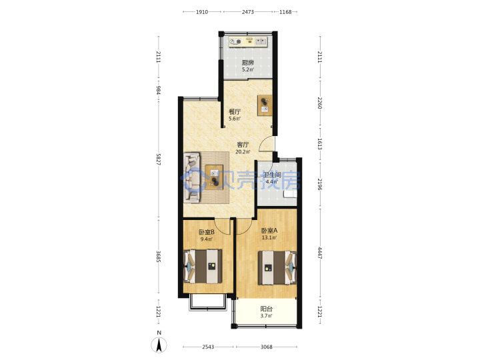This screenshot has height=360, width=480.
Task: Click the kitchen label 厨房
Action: (247, 63)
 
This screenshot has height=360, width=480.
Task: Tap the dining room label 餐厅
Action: (235, 112)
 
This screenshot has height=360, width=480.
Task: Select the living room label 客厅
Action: (243, 145)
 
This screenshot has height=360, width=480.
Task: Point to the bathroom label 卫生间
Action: (272, 175)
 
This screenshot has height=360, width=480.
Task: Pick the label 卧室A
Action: (269, 231)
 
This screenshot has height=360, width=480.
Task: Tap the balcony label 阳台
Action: (266, 309)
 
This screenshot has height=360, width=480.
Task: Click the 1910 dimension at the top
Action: (202, 12)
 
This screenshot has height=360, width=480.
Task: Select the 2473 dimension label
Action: (247, 12)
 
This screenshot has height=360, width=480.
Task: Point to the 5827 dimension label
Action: (158, 159)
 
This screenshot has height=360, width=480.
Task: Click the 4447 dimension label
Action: (320, 253)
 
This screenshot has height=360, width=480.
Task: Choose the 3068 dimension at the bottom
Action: (266, 347)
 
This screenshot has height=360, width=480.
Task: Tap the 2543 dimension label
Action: (208, 347)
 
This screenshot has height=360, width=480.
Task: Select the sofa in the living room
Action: (192, 178)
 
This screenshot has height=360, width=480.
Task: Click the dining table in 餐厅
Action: (265, 105)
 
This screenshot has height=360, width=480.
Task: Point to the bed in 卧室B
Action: (203, 266)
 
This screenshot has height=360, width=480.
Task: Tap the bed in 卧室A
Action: (277, 268)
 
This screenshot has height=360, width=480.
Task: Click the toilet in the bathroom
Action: (290, 194)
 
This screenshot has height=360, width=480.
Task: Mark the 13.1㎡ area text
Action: (269, 237)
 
